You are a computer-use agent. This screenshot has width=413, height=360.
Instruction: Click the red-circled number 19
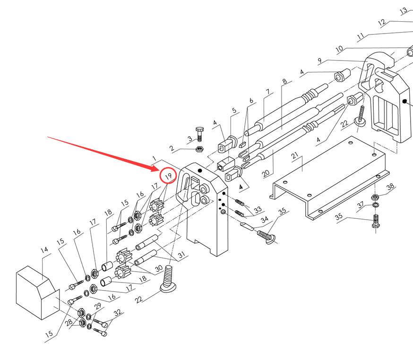pos(168,176)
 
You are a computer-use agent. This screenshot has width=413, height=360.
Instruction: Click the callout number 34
pos(265,219)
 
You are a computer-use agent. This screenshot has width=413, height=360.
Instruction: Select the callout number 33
pos(258,209)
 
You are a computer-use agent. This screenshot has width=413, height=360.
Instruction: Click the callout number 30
pos(159,268)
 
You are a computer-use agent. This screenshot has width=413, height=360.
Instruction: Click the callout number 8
pos(284,81)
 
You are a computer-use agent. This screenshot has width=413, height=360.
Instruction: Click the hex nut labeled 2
pos(199,149)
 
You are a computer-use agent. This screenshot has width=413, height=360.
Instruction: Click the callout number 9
pos(320,60)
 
